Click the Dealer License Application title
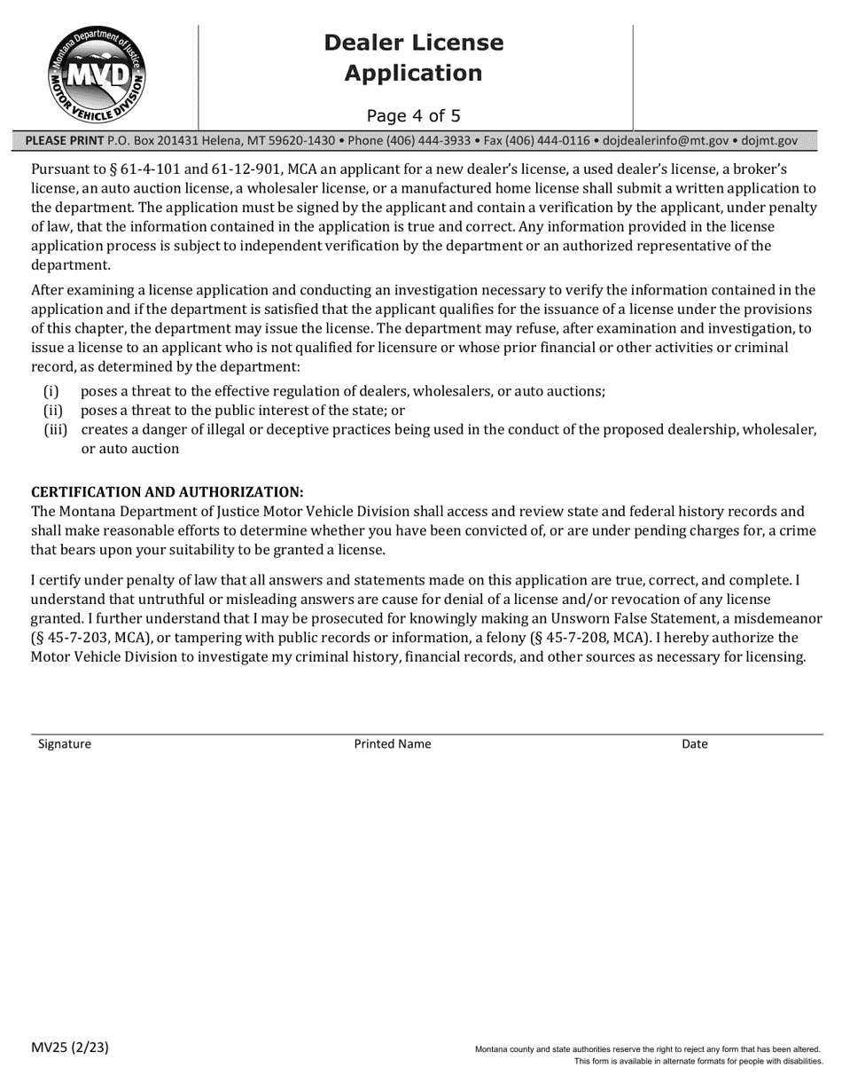coord(413,58)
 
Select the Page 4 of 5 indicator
coord(413,115)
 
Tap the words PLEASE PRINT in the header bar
coord(65,141)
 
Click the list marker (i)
coord(51,391)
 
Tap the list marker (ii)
coord(52,411)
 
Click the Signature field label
coord(65,744)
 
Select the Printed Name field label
coord(393,744)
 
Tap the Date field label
coord(694,744)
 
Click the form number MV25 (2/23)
coord(70,1048)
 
